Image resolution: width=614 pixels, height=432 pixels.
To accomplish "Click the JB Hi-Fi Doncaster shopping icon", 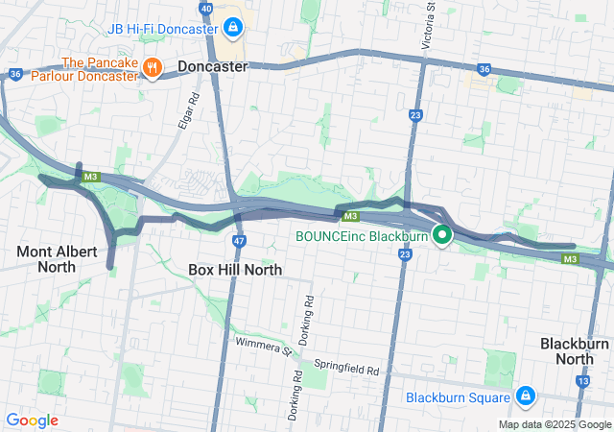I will pyautogui.click(x=233, y=27).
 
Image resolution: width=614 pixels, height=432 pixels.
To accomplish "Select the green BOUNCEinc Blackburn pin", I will pyautogui.click(x=442, y=234).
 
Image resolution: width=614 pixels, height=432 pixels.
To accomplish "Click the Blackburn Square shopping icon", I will pyautogui.click(x=525, y=396).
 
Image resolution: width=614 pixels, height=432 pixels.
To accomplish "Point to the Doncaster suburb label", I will pyautogui.click(x=212, y=67).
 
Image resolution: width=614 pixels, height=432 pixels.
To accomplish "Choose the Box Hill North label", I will pyautogui.click(x=235, y=270).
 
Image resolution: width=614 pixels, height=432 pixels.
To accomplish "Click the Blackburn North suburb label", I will pyautogui.click(x=575, y=351).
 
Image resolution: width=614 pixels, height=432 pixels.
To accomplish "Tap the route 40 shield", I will pyautogui.click(x=206, y=8).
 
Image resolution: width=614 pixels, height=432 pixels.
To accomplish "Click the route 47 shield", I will pyautogui.click(x=239, y=240).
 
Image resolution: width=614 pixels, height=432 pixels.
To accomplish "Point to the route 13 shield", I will pyautogui.click(x=582, y=381).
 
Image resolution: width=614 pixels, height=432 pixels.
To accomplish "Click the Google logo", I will pyautogui.click(x=32, y=420).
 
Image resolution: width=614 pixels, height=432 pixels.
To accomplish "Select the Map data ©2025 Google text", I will pyautogui.click(x=554, y=424).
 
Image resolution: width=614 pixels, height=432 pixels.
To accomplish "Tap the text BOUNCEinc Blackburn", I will pyautogui.click(x=360, y=235).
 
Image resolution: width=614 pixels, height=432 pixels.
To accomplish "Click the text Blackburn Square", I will pyautogui.click(x=456, y=396).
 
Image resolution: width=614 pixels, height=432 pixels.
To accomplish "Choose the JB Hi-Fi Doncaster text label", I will pyautogui.click(x=163, y=28).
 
